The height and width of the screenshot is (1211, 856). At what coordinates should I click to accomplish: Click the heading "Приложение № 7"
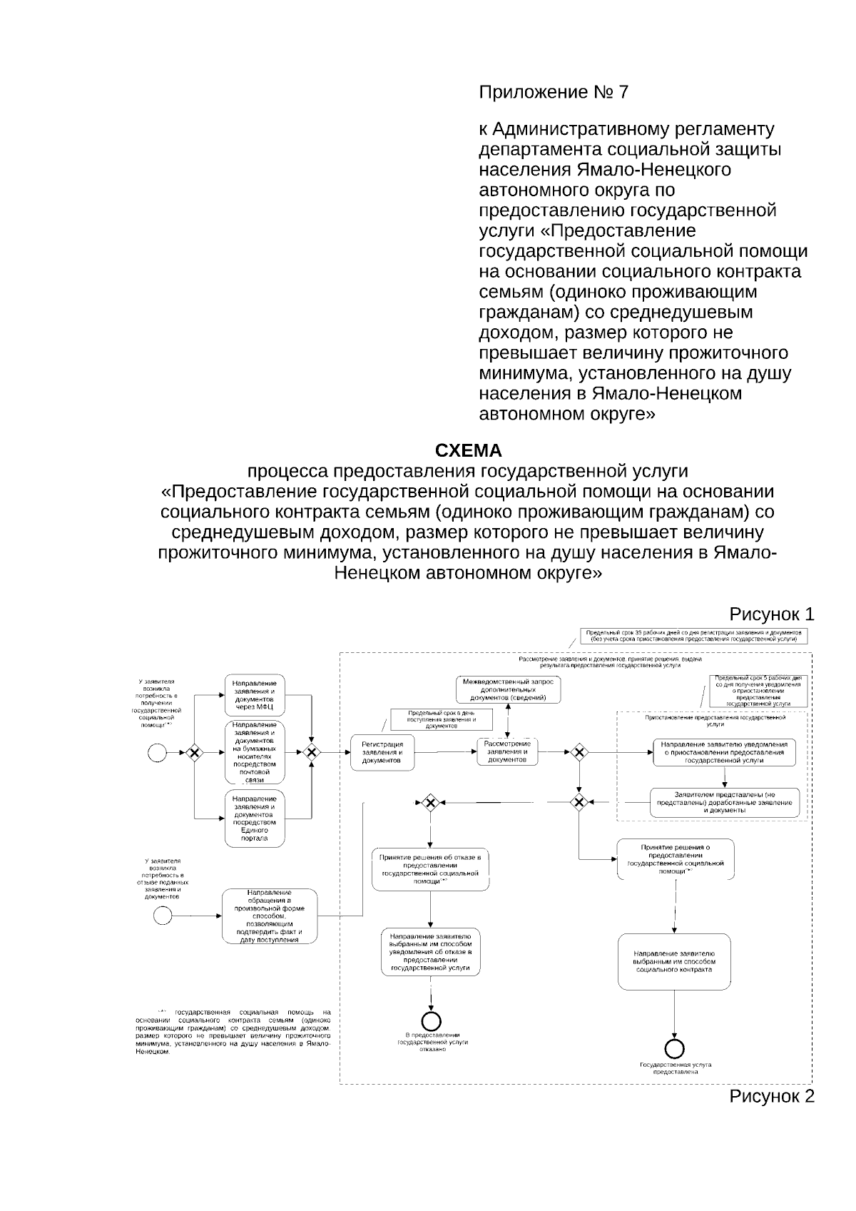pyautogui.click(x=554, y=93)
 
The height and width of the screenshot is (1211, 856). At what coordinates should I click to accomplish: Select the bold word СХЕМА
pyautogui.click(x=468, y=451)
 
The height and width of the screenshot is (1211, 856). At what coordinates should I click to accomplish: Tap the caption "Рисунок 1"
pyautogui.click(x=770, y=614)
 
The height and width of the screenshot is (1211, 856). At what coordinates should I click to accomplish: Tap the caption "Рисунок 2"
pyautogui.click(x=770, y=1096)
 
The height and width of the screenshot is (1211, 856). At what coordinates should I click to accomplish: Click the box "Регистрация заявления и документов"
pyautogui.click(x=382, y=752)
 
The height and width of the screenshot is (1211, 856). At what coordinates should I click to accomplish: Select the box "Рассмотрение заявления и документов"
pyautogui.click(x=507, y=752)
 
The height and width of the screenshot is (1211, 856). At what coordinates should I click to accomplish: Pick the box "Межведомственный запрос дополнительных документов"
pyautogui.click(x=509, y=689)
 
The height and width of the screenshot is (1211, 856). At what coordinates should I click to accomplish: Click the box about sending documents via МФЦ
pyautogui.click(x=255, y=695)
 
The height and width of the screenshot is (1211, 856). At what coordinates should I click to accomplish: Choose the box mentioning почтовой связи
pyautogui.click(x=255, y=752)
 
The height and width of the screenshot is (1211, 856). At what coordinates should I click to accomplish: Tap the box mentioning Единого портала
pyautogui.click(x=255, y=818)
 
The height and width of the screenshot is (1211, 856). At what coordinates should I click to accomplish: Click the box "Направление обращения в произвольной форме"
pyautogui.click(x=269, y=916)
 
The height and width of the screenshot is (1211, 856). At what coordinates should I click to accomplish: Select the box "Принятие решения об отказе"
pyautogui.click(x=430, y=868)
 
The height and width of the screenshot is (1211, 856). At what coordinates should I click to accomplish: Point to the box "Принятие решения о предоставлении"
pyautogui.click(x=675, y=858)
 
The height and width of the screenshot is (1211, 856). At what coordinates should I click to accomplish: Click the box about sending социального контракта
pyautogui.click(x=674, y=961)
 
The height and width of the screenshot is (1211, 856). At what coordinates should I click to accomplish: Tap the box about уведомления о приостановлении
pyautogui.click(x=724, y=752)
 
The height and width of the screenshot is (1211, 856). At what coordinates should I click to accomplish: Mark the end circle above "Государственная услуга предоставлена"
pyautogui.click(x=674, y=1048)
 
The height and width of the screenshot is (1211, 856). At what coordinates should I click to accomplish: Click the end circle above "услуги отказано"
pyautogui.click(x=431, y=1021)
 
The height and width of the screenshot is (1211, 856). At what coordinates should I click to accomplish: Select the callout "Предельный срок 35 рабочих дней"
pyautogui.click(x=693, y=637)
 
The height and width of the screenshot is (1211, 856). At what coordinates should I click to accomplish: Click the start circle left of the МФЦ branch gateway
pyautogui.click(x=156, y=752)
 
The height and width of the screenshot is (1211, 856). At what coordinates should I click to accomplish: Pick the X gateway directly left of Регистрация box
pyautogui.click(x=312, y=752)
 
